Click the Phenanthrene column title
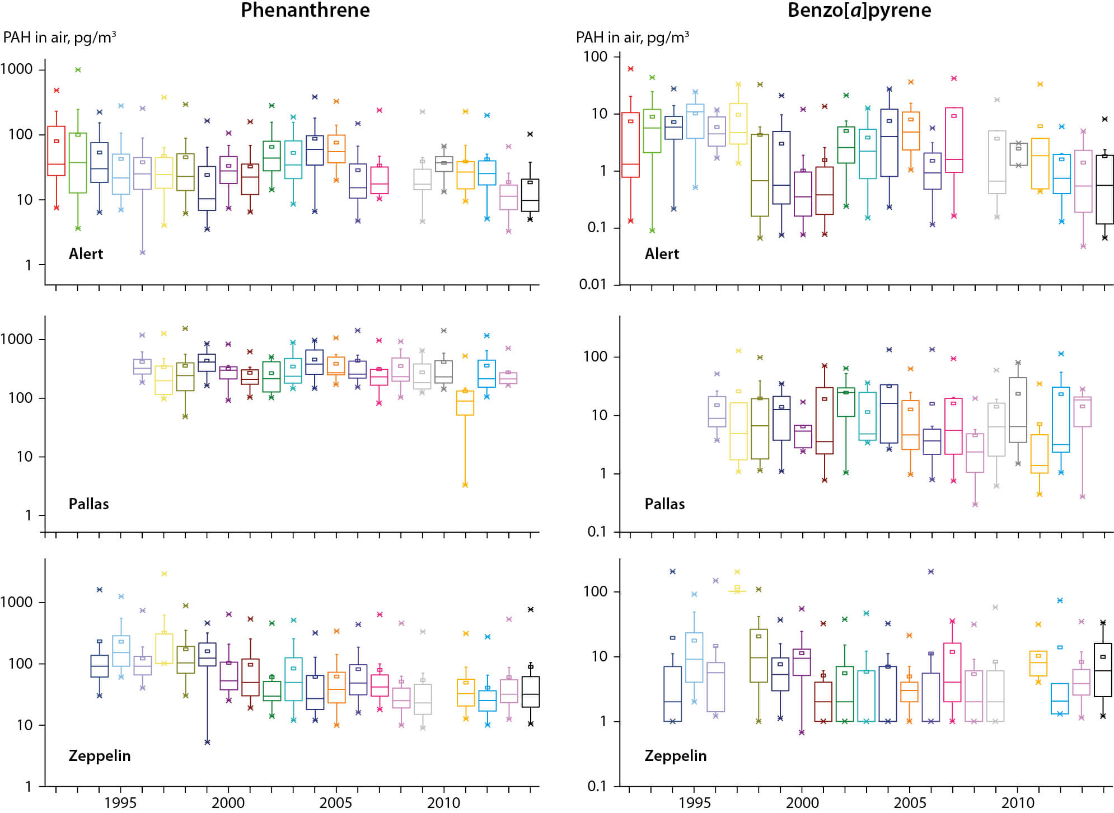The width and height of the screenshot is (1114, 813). point(305,11)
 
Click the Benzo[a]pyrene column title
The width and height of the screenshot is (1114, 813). point(859,11)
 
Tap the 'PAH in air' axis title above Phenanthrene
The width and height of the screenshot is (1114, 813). point(59,38)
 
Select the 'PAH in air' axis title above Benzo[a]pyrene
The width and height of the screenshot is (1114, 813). point(632,38)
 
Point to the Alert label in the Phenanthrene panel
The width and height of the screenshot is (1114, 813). point(86,254)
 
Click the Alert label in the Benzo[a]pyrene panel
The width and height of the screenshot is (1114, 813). point(662,254)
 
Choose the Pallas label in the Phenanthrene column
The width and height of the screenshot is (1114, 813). point(88,504)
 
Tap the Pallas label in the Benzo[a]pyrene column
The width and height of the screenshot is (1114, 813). point(664,504)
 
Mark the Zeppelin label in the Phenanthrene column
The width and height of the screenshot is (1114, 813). point(99,756)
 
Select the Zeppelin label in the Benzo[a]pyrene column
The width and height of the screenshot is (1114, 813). point(675,756)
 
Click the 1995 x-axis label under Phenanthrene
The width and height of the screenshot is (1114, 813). point(120,803)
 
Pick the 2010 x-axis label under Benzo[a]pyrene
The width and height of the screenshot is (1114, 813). point(1018,803)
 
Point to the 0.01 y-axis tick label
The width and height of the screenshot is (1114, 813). point(593,284)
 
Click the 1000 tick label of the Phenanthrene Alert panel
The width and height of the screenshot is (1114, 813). point(17,69)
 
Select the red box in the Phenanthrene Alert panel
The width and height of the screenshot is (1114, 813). point(56,151)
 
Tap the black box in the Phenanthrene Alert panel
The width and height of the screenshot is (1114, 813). point(530,195)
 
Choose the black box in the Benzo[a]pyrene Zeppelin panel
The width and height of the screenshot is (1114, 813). point(1103,670)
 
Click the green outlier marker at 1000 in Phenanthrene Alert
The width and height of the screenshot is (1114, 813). point(78,70)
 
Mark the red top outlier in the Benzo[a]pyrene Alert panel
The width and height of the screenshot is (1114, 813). point(631,69)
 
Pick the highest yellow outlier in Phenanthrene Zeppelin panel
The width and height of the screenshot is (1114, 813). point(164,574)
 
